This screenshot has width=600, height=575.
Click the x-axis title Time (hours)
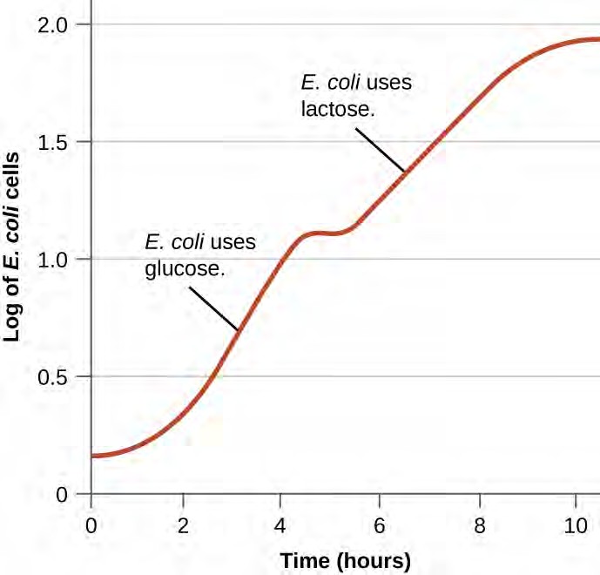pyautogui.click(x=345, y=558)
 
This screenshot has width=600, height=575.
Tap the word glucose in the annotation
pyautogui.click(x=181, y=270)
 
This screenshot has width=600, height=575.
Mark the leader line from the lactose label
pyautogui.click(x=380, y=147)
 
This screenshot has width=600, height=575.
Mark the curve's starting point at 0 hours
pyautogui.click(x=93, y=456)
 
